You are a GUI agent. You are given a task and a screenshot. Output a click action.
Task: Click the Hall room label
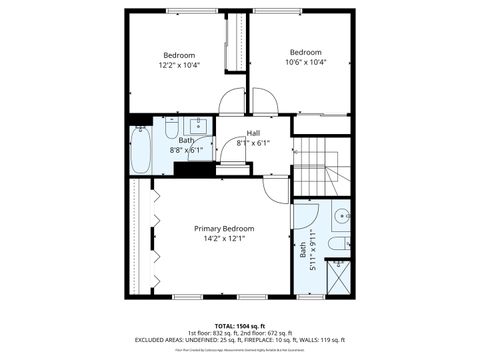(x=253, y=133)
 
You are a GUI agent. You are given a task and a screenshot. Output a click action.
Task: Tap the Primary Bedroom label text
(x=224, y=228)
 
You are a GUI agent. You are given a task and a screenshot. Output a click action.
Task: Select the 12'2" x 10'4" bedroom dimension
(x=180, y=65)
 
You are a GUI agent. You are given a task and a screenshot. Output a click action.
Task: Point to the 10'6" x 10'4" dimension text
(x=305, y=62)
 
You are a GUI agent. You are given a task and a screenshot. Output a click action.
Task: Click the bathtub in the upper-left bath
(x=141, y=149)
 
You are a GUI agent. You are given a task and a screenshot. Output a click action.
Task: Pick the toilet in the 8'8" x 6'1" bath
(x=171, y=130)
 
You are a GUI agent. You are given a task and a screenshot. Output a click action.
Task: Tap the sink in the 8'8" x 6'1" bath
(x=199, y=126)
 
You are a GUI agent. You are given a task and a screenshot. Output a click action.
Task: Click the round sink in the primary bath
(x=341, y=215)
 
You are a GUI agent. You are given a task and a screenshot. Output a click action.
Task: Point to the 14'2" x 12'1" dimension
(x=224, y=239)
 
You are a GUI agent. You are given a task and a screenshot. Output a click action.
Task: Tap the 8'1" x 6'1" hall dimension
(x=253, y=143)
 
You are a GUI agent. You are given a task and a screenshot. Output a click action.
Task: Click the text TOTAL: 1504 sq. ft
(x=240, y=326)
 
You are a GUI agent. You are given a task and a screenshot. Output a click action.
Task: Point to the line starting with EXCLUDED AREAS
(x=240, y=340)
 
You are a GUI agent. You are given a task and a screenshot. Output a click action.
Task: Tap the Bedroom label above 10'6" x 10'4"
(x=305, y=52)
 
